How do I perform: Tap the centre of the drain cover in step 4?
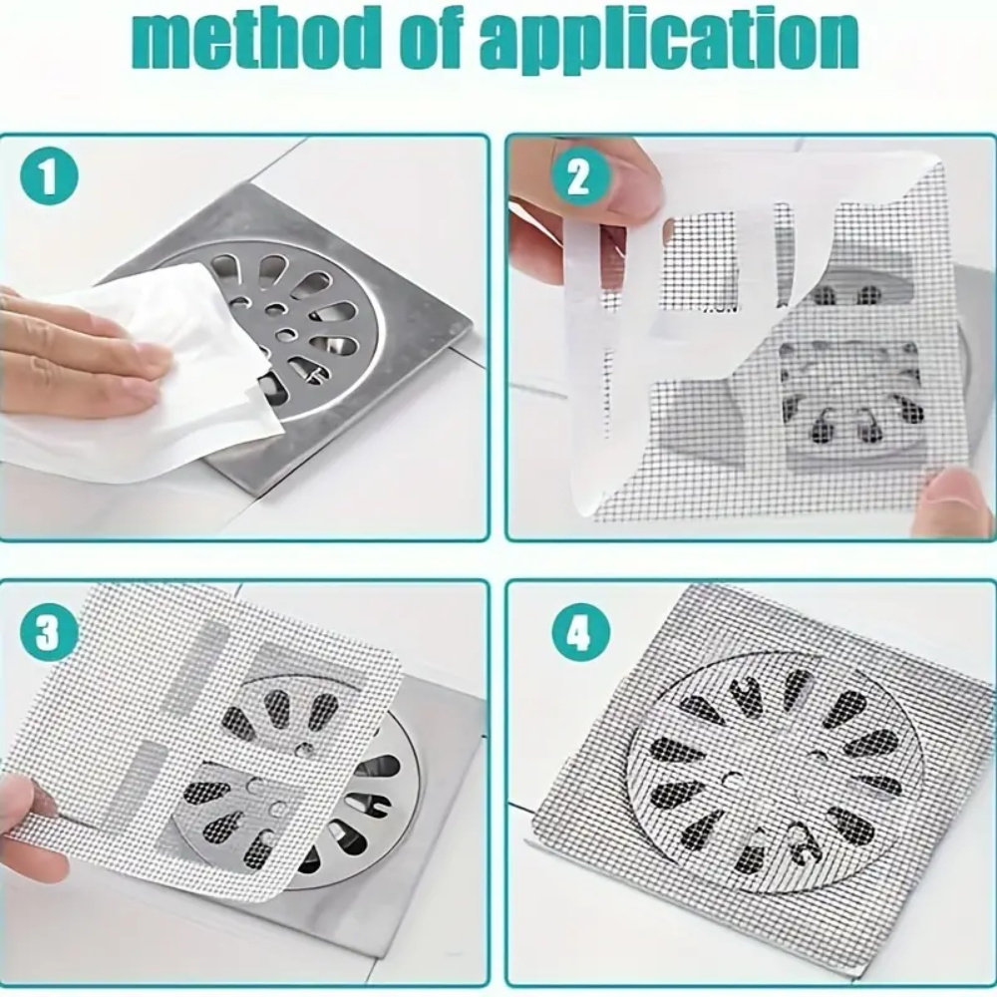778,763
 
